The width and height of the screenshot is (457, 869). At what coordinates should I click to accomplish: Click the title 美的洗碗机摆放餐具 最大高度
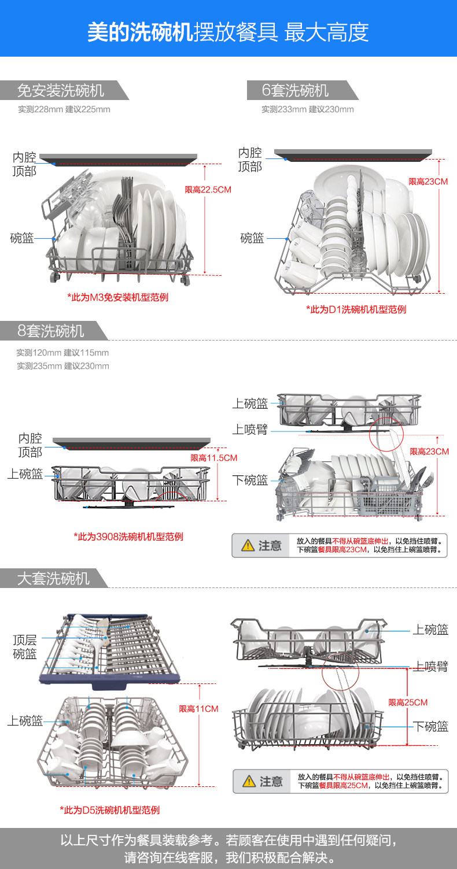pyautogui.click(x=228, y=32)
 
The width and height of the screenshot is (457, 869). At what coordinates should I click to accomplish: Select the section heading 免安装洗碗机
pyautogui.click(x=61, y=91)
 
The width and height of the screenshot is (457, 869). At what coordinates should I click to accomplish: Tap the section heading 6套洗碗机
pyautogui.click(x=295, y=91)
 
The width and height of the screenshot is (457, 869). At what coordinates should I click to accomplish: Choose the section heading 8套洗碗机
pyautogui.click(x=51, y=331)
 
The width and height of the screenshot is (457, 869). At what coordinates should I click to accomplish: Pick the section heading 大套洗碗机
pyautogui.click(x=53, y=578)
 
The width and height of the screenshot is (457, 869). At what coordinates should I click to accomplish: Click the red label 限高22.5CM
pyautogui.click(x=208, y=190)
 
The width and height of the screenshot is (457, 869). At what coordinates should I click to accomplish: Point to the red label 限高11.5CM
pyautogui.click(x=214, y=458)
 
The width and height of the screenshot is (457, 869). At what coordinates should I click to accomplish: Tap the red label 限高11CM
pyautogui.click(x=198, y=708)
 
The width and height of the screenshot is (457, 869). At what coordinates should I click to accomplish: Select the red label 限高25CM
pyautogui.click(x=408, y=702)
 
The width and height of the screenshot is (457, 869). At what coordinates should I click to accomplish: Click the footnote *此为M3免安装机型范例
pyautogui.click(x=118, y=297)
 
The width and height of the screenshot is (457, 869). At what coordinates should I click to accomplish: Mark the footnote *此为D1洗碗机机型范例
pyautogui.click(x=356, y=309)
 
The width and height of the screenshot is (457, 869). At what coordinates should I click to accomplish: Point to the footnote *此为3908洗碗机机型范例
pyautogui.click(x=128, y=537)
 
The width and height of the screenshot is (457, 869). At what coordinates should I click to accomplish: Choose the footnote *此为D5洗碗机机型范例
pyautogui.click(x=109, y=810)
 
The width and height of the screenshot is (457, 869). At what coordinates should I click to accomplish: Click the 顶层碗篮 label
pyautogui.click(x=25, y=647)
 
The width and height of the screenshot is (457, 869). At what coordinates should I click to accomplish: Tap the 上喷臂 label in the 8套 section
pyautogui.click(x=250, y=430)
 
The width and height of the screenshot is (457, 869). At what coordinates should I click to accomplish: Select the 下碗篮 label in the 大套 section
pyautogui.click(x=431, y=726)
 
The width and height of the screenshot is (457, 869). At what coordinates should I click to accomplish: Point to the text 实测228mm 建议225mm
pyautogui.click(x=64, y=109)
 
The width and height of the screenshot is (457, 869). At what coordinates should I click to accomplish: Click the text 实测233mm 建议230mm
pyautogui.click(x=307, y=109)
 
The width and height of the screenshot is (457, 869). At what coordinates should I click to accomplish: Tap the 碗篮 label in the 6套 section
pyautogui.click(x=252, y=238)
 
